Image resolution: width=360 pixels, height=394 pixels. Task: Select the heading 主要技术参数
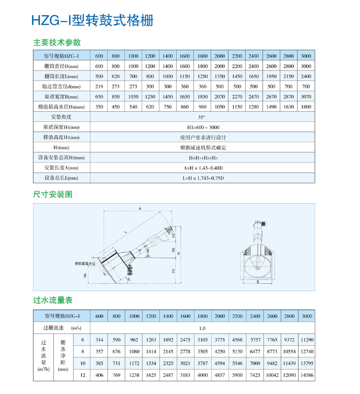click(x=57, y=42)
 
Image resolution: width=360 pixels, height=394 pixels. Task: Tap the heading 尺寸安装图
click(x=53, y=194)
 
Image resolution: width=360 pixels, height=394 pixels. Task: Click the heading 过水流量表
click(x=53, y=301)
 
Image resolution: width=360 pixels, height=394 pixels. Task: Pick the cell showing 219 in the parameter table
click(x=99, y=86)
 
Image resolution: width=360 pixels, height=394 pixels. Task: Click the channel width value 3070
click(x=306, y=96)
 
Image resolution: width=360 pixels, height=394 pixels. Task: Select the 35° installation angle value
click(x=202, y=117)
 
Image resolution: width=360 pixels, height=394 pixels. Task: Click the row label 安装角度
click(x=61, y=117)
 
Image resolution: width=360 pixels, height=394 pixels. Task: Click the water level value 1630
click(x=288, y=107)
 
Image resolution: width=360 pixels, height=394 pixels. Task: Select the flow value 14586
click(x=306, y=375)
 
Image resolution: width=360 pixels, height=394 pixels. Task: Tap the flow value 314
click(x=99, y=340)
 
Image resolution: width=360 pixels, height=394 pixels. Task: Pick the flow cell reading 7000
click(x=254, y=364)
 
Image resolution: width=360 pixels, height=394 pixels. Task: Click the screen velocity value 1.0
click(x=202, y=328)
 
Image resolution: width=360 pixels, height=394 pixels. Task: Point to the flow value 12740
click(x=306, y=351)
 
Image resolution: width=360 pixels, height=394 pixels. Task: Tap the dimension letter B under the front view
click(x=258, y=281)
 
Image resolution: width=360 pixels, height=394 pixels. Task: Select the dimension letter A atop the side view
click(x=139, y=208)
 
